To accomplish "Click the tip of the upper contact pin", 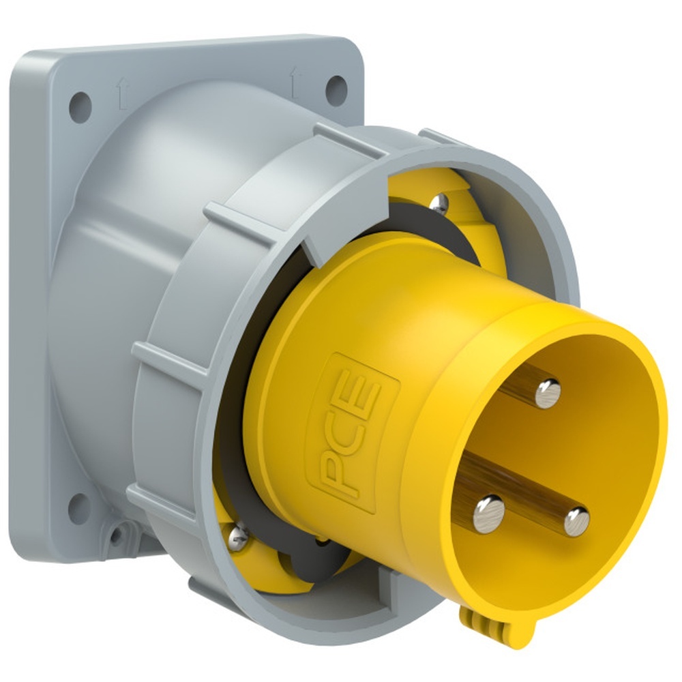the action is (x=548, y=394).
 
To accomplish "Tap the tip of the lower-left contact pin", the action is (x=489, y=514).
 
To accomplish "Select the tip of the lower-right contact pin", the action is (x=577, y=522).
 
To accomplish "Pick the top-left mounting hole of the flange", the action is (x=80, y=107).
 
